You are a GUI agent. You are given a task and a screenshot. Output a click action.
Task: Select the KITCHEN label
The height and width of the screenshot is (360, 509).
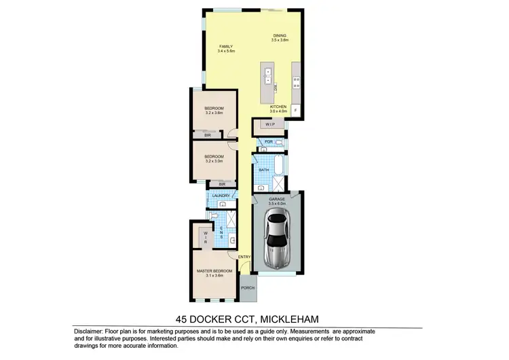[279, 107]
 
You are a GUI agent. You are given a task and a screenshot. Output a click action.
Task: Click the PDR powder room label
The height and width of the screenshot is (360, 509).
[268, 141]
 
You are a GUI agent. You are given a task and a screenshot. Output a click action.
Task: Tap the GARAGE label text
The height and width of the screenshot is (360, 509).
[277, 198]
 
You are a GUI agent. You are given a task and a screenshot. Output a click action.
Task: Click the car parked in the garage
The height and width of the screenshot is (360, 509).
[277, 238]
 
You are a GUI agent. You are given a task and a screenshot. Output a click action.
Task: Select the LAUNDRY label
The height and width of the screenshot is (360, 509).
[221, 196]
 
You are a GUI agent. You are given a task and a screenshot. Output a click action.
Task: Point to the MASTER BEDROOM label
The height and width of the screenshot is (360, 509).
[214, 270]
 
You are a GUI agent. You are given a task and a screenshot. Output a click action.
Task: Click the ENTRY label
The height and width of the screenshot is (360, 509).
[244, 256]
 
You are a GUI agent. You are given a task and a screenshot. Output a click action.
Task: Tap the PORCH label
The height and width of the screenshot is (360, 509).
[248, 287]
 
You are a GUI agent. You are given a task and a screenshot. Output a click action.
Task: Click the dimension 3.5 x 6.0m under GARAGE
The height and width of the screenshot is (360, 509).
[277, 203]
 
